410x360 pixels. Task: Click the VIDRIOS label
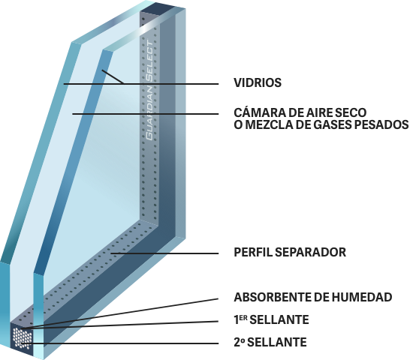point(258,82)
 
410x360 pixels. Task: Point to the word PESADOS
point(381,124)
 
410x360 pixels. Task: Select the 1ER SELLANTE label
point(271,319)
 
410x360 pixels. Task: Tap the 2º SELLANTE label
point(270,342)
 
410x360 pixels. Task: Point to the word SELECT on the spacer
point(150,61)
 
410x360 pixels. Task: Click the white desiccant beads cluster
point(23,338)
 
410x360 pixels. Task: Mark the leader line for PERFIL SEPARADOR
point(164,253)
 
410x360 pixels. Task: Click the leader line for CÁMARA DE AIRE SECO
point(146,114)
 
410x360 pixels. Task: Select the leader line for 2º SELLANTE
point(119,343)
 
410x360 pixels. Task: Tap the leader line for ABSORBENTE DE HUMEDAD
point(119,313)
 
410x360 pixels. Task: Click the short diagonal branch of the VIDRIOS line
point(113,76)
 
